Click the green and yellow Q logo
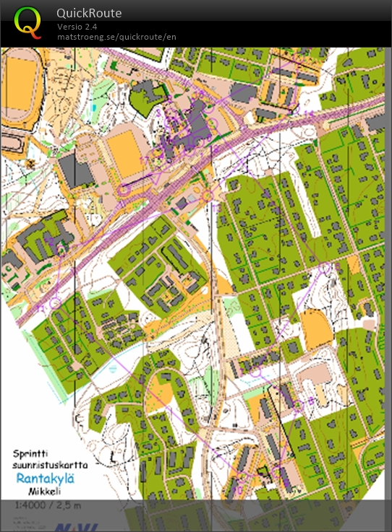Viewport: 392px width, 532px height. pos(28,22)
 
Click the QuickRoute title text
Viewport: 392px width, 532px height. pos(89,14)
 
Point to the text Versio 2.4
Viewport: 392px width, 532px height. pos(77,27)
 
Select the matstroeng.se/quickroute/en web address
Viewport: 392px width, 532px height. pos(116,37)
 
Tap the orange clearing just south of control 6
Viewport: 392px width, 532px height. pos(317,325)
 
